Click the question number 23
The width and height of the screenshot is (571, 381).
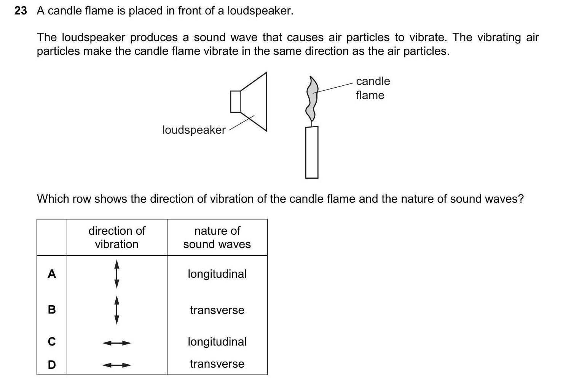tap(21, 11)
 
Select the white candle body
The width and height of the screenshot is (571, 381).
tap(311, 152)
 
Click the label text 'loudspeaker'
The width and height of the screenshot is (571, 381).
tap(194, 130)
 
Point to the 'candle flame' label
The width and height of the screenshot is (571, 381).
tap(373, 88)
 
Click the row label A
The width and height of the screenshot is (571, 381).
tap(52, 274)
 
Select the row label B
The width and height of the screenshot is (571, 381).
tap(52, 309)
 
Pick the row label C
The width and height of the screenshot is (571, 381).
tap(52, 342)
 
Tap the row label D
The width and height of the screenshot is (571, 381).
tap(52, 365)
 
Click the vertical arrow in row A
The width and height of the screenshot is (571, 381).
tap(117, 274)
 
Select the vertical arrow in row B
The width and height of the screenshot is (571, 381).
tap(117, 310)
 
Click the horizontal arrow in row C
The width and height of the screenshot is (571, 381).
tap(117, 343)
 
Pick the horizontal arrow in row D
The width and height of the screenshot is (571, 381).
tap(117, 365)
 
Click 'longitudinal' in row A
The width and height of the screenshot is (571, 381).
tap(217, 274)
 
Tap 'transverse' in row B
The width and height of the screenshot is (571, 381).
tap(217, 310)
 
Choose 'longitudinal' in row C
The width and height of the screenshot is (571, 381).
tap(217, 341)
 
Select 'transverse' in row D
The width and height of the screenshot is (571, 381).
tap(217, 364)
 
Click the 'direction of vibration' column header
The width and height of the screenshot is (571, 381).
tap(117, 237)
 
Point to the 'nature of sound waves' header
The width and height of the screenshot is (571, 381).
tap(217, 237)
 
